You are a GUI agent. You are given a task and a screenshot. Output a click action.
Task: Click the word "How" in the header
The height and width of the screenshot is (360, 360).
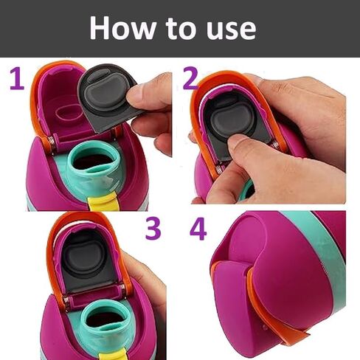pyautogui.click(x=122, y=27)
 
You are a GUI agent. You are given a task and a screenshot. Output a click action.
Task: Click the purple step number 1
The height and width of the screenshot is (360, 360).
pyautogui.click(x=17, y=79)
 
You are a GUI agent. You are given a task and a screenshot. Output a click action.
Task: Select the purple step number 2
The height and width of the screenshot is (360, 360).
pyautogui.click(x=190, y=78)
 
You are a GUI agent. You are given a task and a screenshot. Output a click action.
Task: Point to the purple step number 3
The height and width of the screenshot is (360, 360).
pyautogui.click(x=153, y=228)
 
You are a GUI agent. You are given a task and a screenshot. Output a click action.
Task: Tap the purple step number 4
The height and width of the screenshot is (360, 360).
pyautogui.click(x=198, y=229)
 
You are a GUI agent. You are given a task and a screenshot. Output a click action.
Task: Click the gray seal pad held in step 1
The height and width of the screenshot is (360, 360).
pyautogui.click(x=107, y=94)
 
